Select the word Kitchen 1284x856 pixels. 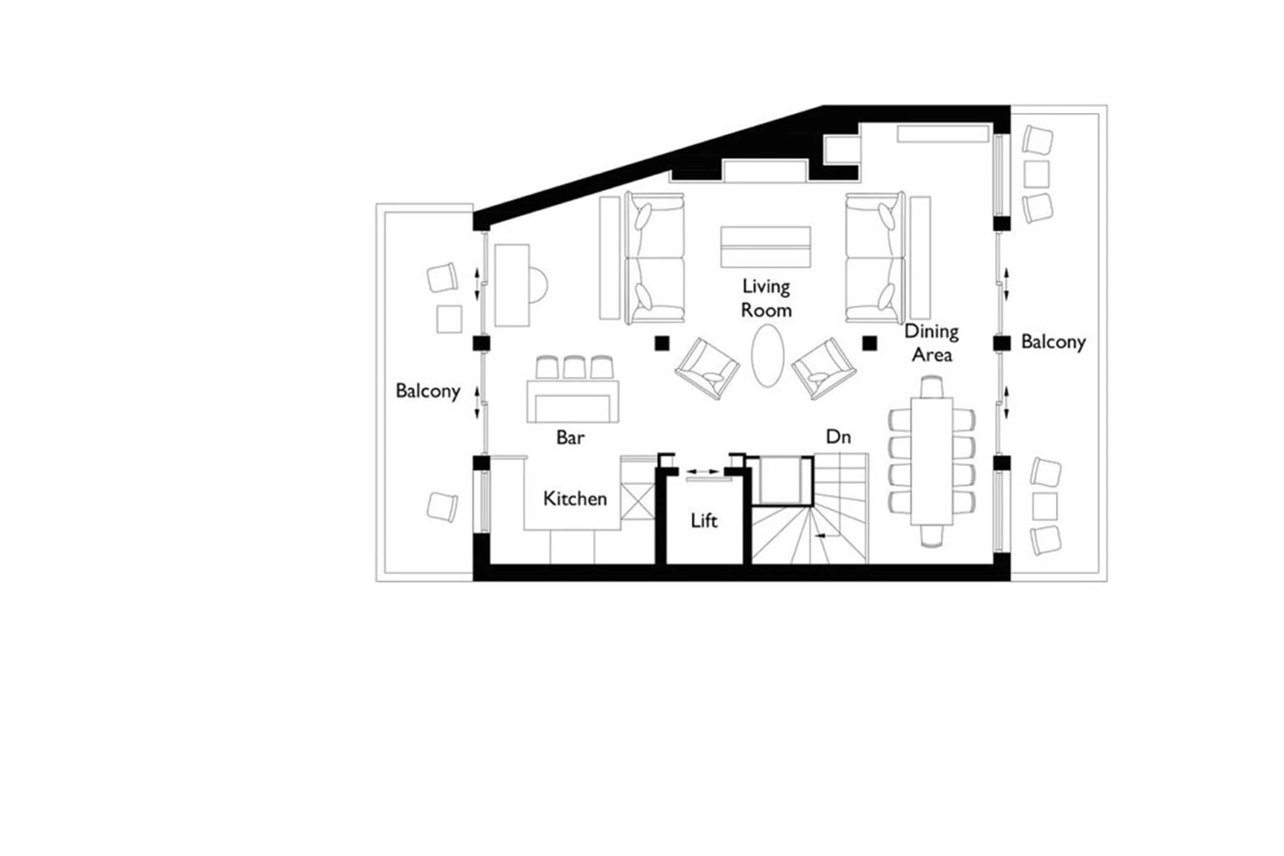point(574,498)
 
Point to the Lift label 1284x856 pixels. point(704,521)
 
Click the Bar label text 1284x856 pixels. point(570,437)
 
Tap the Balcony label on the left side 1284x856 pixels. point(427,391)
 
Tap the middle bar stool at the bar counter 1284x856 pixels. point(574,367)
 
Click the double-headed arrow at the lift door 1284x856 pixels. point(702,471)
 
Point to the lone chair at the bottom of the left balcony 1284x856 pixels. point(442,507)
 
